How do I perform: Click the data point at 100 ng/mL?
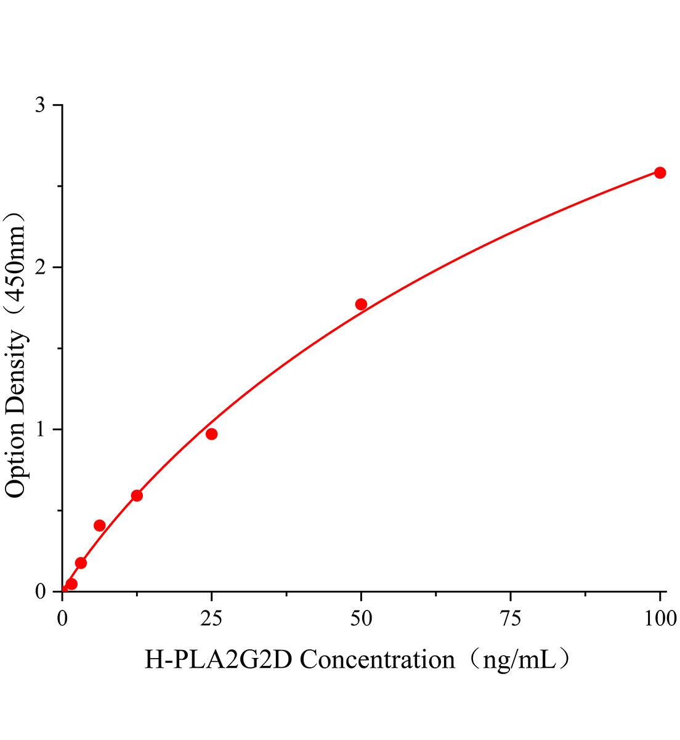point(660,173)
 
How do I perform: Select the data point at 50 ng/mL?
point(361,304)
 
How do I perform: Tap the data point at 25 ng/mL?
point(211,434)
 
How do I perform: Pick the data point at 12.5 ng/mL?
point(137,496)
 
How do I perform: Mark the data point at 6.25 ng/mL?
point(99,525)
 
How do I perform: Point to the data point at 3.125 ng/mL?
point(81,563)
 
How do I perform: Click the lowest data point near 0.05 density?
point(71,584)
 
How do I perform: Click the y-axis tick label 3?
point(40,105)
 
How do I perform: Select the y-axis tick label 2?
point(40,268)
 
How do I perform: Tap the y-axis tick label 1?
point(40,430)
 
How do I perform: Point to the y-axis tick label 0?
point(40,592)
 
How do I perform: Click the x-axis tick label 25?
point(211,618)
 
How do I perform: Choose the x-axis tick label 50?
point(361,618)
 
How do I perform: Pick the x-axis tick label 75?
point(511,618)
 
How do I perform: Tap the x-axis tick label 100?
point(660,618)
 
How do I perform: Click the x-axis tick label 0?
point(62,618)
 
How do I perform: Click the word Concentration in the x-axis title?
point(377,660)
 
